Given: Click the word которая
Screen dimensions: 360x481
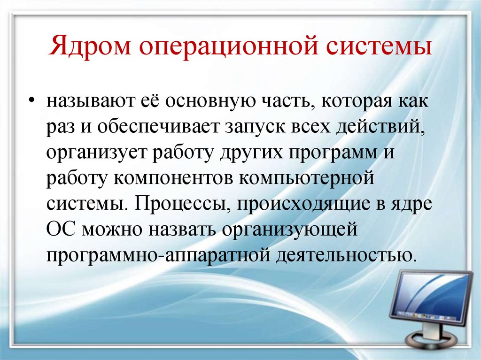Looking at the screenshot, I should coord(349,103).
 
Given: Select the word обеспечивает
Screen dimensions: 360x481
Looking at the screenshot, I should coord(155,128).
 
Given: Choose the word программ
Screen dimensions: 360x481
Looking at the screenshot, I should coord(334,154).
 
